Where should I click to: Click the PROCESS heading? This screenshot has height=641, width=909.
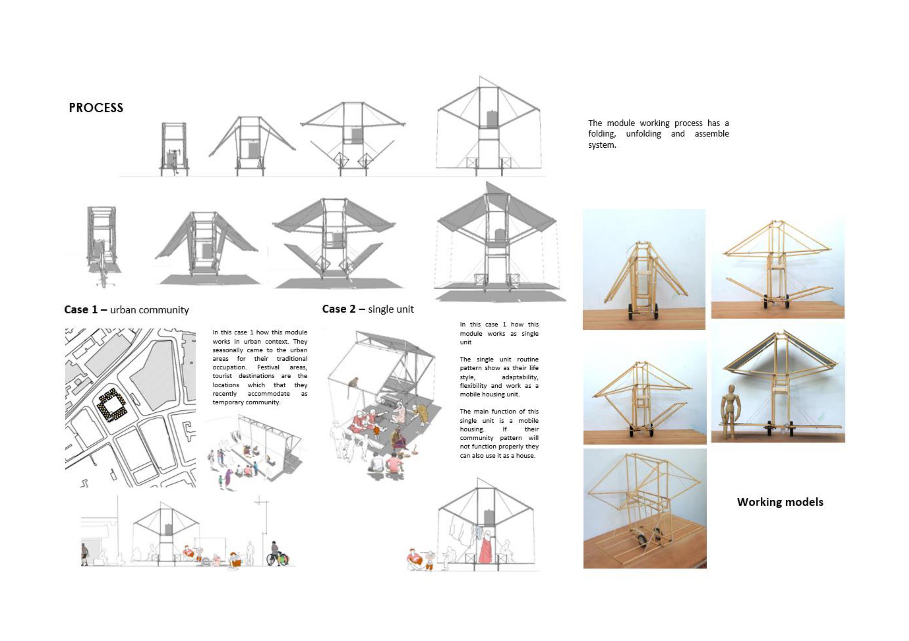[96, 108]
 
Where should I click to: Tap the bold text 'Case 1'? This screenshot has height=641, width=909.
[81, 309]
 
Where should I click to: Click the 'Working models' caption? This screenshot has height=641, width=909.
[780, 502]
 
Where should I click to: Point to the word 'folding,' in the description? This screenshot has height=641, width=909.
[602, 134]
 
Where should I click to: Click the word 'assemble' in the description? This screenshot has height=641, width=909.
[712, 134]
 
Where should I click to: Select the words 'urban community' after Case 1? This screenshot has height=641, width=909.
[149, 310]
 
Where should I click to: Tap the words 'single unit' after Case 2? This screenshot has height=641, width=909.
[391, 309]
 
